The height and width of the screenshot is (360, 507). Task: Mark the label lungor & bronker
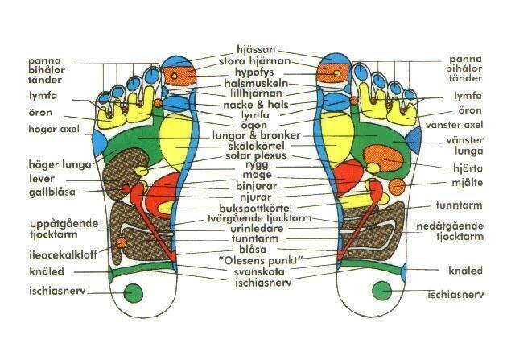click(x=255, y=135)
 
